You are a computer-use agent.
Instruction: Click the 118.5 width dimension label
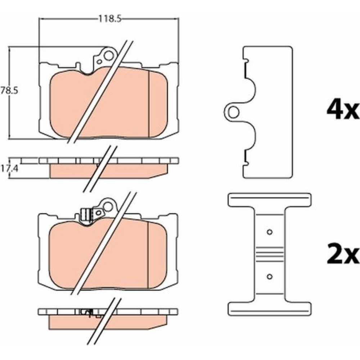109,19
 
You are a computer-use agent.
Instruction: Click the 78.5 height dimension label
9,91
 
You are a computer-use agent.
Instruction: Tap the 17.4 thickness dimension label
9,169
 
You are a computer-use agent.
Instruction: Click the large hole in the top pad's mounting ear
109,56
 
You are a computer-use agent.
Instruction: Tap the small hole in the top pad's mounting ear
99,62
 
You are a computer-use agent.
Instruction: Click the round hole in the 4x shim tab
234,112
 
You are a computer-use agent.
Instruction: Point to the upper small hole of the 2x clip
270,232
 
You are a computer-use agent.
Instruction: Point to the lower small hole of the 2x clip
270,276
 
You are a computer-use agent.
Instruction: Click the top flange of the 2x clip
270,200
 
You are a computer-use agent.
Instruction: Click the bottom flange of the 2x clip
270,309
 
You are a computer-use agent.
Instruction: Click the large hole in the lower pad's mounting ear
108,207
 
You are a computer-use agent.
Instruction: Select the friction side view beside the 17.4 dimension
109,171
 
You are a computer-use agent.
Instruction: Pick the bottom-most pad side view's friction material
108,322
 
